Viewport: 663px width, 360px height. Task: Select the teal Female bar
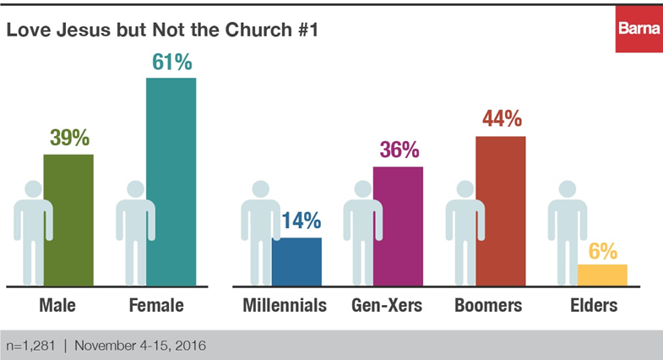pyautogui.click(x=171, y=182)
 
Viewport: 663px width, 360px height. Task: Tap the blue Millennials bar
pyautogui.click(x=296, y=262)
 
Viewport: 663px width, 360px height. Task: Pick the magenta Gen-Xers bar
pyautogui.click(x=398, y=226)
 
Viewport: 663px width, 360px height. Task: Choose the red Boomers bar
pyautogui.click(x=501, y=211)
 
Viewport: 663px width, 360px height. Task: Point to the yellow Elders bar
pyautogui.click(x=602, y=275)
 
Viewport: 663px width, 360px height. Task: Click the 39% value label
pyautogui.click(x=68, y=138)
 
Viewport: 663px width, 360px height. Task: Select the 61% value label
pyautogui.click(x=171, y=62)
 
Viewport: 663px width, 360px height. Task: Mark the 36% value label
pyautogui.click(x=398, y=150)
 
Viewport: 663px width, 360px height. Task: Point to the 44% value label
pyautogui.click(x=501, y=120)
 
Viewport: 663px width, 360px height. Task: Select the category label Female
pyautogui.click(x=156, y=305)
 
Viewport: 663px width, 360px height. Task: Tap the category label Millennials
pyautogui.click(x=284, y=305)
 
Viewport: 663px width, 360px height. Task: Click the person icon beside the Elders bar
pyautogui.click(x=567, y=237)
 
